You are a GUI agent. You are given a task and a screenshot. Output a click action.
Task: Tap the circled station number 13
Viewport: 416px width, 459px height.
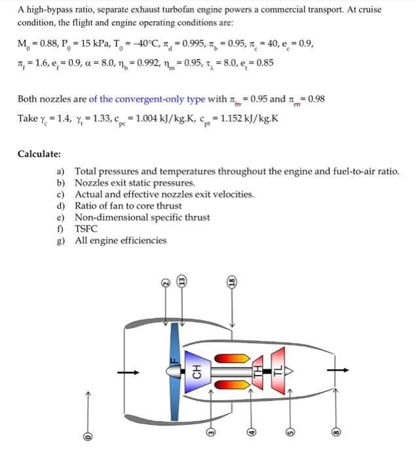[x=183, y=281]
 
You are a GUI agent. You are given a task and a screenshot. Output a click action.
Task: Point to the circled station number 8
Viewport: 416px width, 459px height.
[x=335, y=432]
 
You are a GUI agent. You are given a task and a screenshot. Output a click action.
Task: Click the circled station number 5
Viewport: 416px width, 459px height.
[x=292, y=432]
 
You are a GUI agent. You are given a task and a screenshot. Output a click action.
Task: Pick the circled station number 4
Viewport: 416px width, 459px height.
[x=251, y=432]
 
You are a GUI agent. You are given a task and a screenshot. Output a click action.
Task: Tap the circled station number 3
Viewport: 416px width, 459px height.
[x=211, y=432]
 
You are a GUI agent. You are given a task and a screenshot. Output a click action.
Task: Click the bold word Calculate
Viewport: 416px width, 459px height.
[x=39, y=154]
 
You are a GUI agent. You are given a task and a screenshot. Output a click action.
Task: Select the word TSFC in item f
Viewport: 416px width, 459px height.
[x=85, y=229]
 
